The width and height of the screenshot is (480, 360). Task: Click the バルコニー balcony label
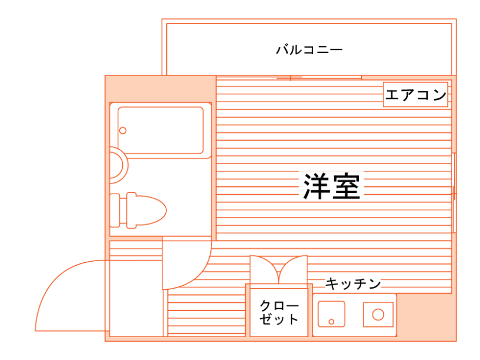pos(309,50)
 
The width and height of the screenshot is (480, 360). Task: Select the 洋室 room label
pos(331,185)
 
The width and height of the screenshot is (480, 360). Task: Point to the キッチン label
pos(353,283)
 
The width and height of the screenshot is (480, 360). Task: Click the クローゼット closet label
pos(279,312)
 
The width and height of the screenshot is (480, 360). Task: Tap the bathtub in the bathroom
pos(161,130)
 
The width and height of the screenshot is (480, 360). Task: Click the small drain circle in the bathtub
pos(123,130)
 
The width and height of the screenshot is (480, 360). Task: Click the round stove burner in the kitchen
pos(378,314)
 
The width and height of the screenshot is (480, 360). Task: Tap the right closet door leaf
pos(293,269)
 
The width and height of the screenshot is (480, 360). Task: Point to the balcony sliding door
pos(289,77)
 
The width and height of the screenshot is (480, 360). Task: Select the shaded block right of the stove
pos(426,317)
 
